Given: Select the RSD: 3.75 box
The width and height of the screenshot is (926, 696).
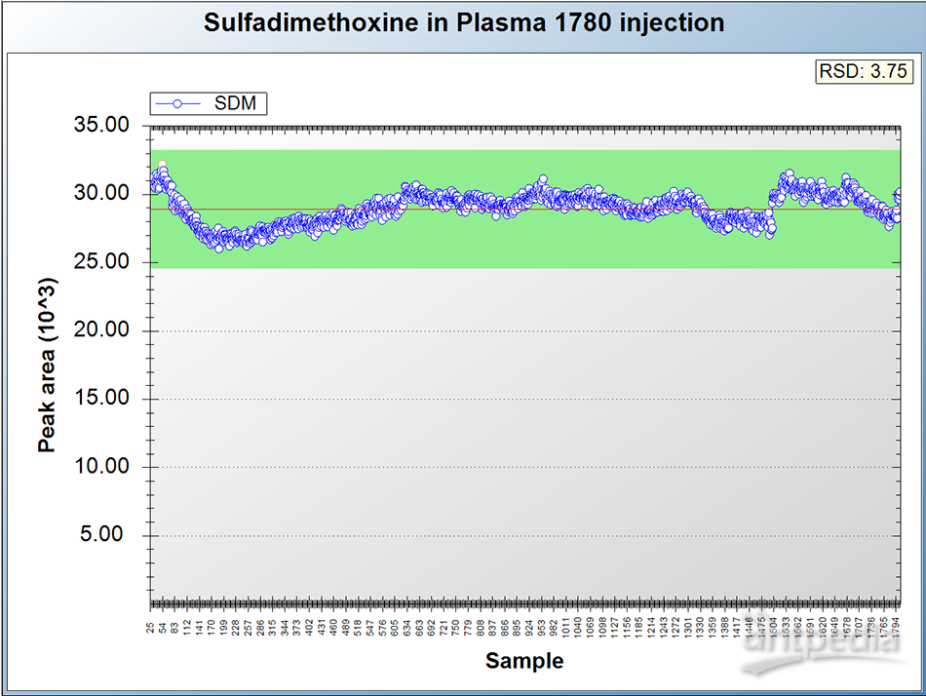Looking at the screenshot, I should (x=863, y=71).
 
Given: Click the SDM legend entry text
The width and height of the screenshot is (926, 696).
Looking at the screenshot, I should (x=235, y=103).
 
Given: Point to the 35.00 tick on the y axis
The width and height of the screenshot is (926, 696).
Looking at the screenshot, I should (x=102, y=126).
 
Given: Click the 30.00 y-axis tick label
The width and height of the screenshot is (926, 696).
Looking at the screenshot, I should (x=102, y=194).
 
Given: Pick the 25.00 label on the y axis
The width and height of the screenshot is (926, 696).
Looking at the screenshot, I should (x=102, y=262).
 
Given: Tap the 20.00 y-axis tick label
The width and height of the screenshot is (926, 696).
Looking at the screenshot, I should (x=102, y=330).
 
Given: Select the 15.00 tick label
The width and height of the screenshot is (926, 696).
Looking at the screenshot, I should (x=102, y=399).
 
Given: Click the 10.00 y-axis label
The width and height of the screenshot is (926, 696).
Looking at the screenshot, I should (x=102, y=467).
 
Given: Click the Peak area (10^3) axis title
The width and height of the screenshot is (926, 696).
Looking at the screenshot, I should (x=47, y=367).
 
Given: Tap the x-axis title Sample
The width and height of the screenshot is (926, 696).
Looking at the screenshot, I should (x=524, y=661).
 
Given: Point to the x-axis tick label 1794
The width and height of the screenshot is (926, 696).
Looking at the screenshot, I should (x=896, y=627).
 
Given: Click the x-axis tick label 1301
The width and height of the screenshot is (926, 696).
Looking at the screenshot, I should (x=688, y=627).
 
